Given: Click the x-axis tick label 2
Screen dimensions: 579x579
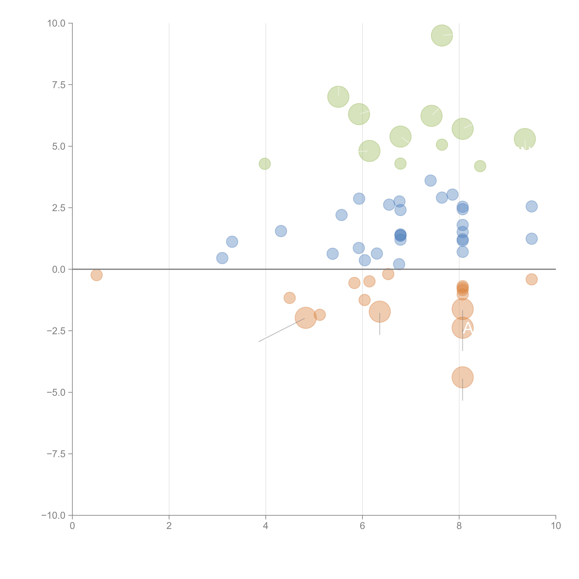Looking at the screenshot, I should (169, 526).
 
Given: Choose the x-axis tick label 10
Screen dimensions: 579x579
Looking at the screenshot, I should (556, 526).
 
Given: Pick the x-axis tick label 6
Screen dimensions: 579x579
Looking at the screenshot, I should (362, 526).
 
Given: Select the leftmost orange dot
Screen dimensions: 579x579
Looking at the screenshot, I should (96, 275).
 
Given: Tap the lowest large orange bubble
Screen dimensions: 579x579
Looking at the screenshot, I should (462, 377).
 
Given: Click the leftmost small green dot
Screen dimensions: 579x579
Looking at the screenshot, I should (265, 164).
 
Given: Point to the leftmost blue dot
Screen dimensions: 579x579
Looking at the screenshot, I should (222, 258).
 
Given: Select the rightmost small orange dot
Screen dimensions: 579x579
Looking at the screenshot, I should (531, 279).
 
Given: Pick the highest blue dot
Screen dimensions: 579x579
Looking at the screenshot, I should (430, 180).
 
